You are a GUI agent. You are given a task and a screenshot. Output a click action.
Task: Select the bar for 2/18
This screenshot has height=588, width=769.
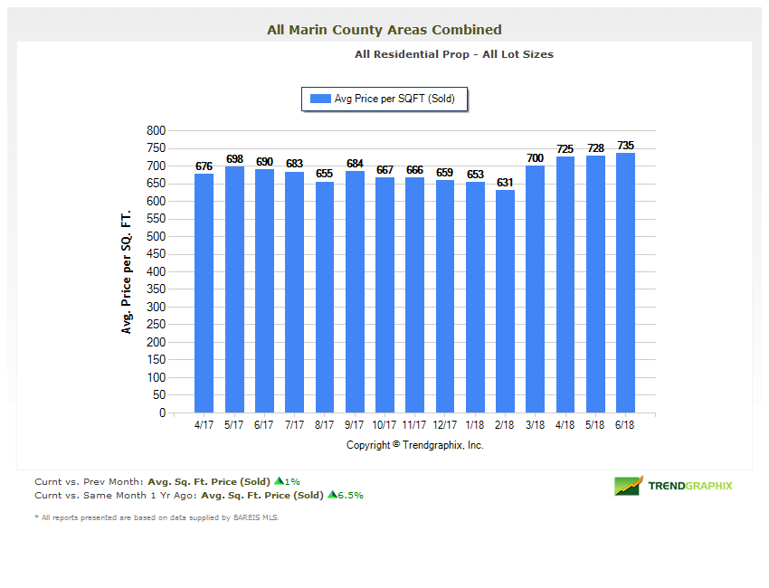coord(505,301)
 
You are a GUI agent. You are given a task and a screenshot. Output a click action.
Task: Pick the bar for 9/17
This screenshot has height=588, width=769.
coord(355,291)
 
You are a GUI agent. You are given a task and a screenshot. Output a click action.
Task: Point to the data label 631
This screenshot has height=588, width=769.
coord(505,183)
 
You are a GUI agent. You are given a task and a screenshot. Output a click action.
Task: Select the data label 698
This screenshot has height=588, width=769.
coord(234,159)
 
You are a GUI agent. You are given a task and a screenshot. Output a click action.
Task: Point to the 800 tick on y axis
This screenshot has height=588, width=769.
coord(156,131)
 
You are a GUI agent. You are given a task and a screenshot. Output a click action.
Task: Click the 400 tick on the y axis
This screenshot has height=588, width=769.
coord(156,272)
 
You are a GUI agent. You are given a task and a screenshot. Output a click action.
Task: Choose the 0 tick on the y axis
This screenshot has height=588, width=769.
coord(162,413)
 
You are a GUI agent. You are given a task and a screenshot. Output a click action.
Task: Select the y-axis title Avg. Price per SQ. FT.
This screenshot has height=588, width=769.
coord(127,272)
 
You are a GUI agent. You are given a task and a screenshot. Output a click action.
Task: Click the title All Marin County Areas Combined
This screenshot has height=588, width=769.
coord(384,30)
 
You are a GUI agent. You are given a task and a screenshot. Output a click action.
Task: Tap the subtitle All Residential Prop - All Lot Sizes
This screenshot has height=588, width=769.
coord(454,54)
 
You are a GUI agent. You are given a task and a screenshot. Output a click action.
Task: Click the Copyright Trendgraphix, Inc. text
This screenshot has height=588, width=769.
coord(415,445)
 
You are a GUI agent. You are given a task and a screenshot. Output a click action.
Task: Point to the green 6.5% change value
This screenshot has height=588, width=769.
coord(350,495)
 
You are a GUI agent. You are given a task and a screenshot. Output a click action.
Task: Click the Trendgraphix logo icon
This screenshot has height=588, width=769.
coord(628,486)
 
